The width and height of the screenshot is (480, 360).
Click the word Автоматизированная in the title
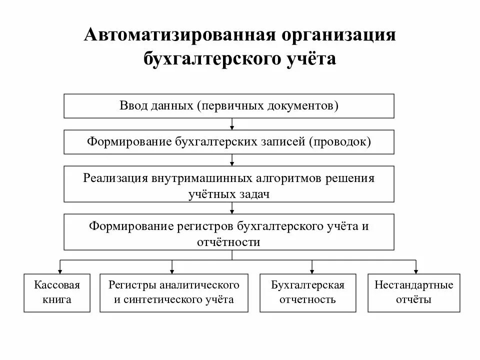point(177,36)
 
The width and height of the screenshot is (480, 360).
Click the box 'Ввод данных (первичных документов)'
point(229,106)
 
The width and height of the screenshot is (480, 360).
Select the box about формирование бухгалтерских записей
point(229,142)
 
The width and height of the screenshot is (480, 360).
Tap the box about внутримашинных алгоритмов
point(229,186)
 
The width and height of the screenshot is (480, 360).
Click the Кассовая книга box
point(57,292)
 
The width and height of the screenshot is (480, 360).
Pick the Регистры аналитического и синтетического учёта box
point(174,292)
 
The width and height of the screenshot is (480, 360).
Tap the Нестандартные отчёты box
point(413,292)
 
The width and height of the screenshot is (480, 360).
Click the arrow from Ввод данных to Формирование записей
point(232,124)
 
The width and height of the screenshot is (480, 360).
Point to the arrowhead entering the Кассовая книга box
point(60,270)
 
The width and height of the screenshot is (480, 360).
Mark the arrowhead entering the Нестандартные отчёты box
point(416,270)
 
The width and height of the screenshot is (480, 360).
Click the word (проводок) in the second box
point(340,142)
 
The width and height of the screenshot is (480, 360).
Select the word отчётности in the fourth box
point(229,242)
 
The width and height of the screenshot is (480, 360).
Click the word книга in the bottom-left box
point(57,300)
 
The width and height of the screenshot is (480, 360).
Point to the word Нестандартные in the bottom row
point(413,285)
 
